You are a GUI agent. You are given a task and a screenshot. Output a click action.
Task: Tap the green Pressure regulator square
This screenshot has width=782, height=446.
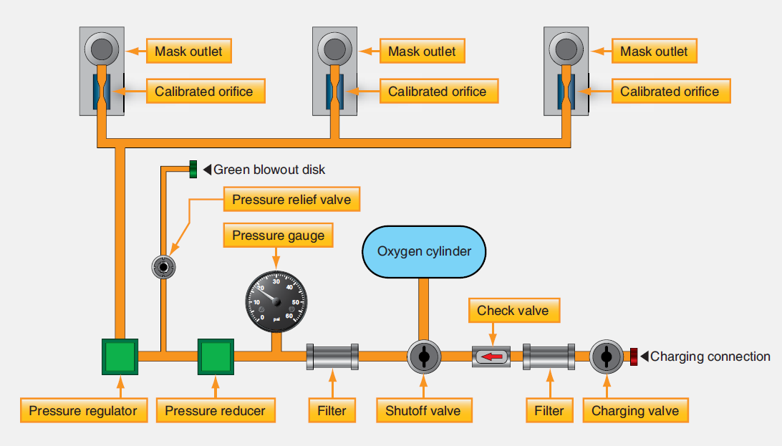point(120,356)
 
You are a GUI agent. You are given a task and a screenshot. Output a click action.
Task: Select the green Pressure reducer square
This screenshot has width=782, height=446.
point(216,356)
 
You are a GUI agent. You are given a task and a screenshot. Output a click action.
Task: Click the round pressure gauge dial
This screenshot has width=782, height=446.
point(276,301)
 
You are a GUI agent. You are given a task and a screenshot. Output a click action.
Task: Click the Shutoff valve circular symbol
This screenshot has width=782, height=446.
point(423,356)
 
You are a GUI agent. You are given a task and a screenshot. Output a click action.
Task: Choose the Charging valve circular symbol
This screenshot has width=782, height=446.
point(606,356)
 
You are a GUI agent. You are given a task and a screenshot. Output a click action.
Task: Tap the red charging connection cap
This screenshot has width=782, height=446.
point(634,357)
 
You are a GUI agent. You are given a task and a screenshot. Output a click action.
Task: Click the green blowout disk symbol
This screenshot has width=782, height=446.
point(193,170)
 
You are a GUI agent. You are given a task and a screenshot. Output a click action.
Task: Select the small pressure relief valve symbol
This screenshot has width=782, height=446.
point(164,267)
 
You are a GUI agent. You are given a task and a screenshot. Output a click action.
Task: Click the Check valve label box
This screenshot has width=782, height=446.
point(513,311)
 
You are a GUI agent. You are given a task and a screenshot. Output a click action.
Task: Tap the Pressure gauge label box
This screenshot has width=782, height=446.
point(278,236)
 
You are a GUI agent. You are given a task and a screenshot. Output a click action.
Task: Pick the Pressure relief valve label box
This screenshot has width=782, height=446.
point(291,199)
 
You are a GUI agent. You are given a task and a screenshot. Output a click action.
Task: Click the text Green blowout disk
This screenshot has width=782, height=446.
point(269,170)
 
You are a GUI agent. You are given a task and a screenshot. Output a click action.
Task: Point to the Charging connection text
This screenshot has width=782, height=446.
point(710,357)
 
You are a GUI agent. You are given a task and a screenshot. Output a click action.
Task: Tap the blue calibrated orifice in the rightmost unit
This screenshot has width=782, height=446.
point(566,91)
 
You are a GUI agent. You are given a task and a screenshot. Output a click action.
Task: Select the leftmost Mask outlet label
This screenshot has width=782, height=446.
point(189,52)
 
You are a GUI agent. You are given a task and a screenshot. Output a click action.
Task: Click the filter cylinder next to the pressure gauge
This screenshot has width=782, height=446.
point(332,356)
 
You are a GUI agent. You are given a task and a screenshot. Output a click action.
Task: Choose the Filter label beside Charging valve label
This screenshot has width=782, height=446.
point(549,411)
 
